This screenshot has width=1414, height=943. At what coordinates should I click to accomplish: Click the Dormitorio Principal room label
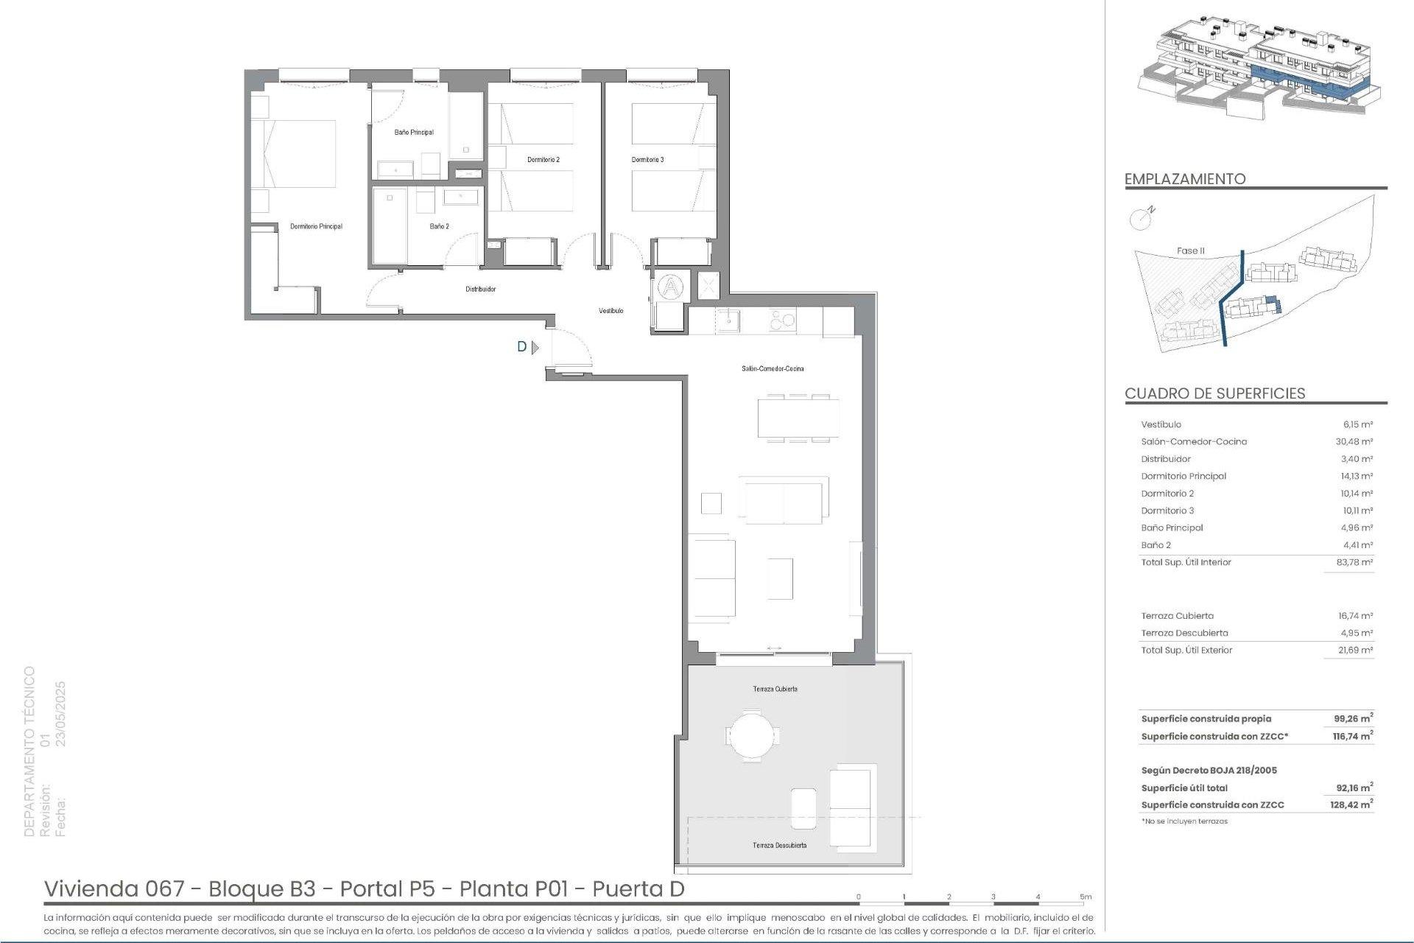pos(316,226)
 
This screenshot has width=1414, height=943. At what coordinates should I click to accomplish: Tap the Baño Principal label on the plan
pos(414,133)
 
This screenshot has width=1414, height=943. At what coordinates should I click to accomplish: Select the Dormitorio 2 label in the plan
pos(544,160)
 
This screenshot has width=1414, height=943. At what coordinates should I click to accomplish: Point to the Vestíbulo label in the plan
pos(611,311)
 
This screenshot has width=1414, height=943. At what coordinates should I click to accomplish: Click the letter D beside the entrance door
pos(522,347)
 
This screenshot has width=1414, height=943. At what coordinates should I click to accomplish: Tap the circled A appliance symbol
pos(670,287)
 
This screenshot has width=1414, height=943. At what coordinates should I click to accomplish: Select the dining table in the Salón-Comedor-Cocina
pos(798,418)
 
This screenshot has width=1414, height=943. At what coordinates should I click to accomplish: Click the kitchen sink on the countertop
pos(729,320)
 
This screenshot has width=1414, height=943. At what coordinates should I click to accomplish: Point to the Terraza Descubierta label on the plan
pos(779,846)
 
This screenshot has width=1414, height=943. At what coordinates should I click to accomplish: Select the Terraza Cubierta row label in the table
pos(1177,616)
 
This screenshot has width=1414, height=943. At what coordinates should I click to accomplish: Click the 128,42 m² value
pos(1352,805)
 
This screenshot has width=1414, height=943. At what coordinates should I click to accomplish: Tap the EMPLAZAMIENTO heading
pos(1185,179)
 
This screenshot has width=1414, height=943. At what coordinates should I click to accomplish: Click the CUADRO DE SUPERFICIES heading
pos(1214,393)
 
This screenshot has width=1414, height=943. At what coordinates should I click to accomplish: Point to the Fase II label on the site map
pos(1190,251)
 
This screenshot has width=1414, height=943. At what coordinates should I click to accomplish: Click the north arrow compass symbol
pos(1141,218)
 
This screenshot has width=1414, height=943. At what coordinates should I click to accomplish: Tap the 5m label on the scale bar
pos(1086,897)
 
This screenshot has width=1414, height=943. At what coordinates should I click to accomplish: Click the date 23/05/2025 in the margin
pos(60,714)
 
